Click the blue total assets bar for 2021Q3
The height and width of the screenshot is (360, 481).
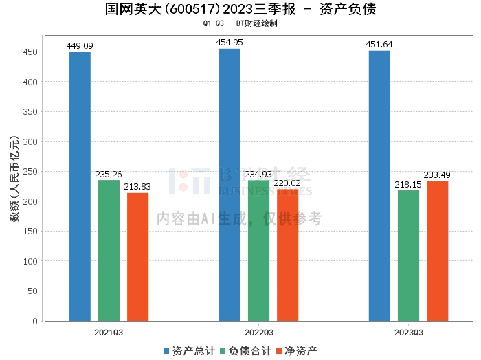[80, 186]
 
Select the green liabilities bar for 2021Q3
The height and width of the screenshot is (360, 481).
[109, 250]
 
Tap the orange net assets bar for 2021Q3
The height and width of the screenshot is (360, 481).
[137, 257]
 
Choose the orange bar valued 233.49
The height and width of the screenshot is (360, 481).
[437, 251]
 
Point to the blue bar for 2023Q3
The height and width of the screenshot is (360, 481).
[379, 185]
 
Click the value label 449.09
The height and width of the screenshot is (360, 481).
[80, 46]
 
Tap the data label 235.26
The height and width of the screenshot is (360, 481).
[109, 175]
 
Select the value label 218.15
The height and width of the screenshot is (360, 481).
[408, 185]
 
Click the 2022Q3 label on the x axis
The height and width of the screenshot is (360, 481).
[258, 333]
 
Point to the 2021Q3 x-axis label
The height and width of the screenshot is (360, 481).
[109, 333]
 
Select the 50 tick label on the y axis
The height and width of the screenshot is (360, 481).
[32, 291]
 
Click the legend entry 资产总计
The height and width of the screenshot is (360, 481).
[190, 351]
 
